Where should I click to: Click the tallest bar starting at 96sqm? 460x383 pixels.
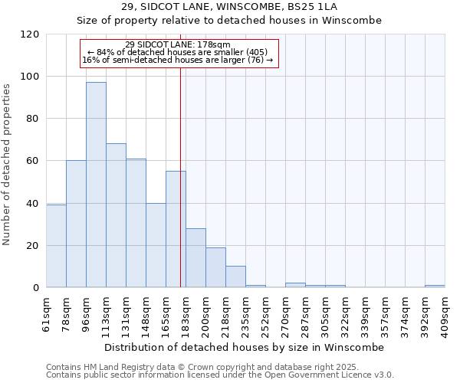(x=96, y=185)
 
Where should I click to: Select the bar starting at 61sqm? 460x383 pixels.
(x=56, y=246)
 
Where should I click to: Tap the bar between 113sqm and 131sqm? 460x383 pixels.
(x=116, y=215)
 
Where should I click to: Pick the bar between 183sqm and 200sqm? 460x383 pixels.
(x=195, y=257)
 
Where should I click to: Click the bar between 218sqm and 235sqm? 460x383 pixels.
(x=235, y=277)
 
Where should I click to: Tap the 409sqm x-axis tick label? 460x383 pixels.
(x=445, y=313)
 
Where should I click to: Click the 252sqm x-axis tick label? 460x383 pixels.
(x=265, y=313)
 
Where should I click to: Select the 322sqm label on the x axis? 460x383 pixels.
(x=345, y=313)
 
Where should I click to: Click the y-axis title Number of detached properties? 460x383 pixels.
(x=8, y=165)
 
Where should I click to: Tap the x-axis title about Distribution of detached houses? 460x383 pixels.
(x=245, y=347)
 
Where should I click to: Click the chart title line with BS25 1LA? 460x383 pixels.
(x=229, y=7)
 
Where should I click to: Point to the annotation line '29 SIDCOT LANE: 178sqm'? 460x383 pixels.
(x=177, y=44)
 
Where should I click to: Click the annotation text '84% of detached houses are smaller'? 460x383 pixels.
(x=177, y=52)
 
